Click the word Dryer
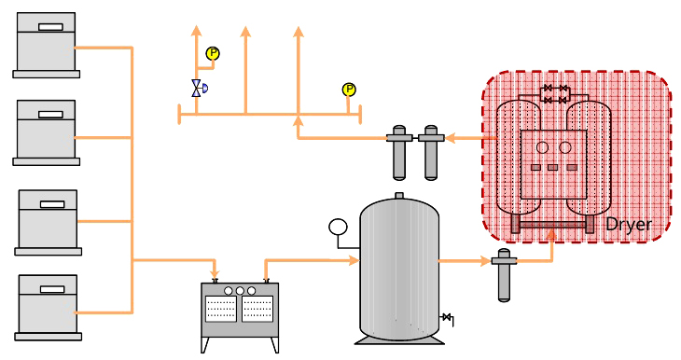tap(628, 225)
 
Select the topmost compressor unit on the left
tap(46, 45)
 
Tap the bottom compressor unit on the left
tap(48, 308)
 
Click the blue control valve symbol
tap(199, 89)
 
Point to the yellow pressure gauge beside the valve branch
tap(213, 53)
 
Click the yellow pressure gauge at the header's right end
tap(349, 90)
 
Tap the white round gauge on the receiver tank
tap(338, 228)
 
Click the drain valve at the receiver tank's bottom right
tap(448, 318)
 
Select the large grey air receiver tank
tap(399, 270)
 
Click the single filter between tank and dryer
tap(504, 274)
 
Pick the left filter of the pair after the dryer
tap(399, 152)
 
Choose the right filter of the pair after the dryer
tap(431, 152)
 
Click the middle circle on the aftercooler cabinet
tap(240, 291)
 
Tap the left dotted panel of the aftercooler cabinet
tap(221, 309)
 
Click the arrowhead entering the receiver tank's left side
tap(354, 260)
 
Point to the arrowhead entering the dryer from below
tap(551, 235)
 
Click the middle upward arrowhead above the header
tap(246, 32)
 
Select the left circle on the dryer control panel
tap(542, 147)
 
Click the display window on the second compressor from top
tap(50, 115)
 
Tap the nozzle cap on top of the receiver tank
tap(399, 196)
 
